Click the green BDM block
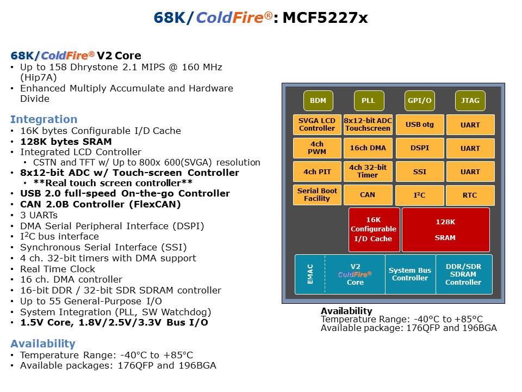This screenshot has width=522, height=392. (x=318, y=101)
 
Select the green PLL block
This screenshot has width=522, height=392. (x=368, y=101)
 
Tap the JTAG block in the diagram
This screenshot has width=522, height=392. (x=470, y=101)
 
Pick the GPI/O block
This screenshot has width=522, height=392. (x=419, y=101)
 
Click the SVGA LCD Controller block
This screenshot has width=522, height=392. (x=317, y=125)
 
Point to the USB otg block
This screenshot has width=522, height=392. (x=419, y=125)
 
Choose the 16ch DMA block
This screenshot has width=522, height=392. (x=368, y=148)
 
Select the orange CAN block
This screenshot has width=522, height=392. (x=368, y=194)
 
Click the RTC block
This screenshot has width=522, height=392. (x=470, y=195)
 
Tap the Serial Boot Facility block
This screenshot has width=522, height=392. (x=317, y=195)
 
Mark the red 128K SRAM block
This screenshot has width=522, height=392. (x=445, y=230)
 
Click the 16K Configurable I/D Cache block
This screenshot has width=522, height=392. (x=374, y=230)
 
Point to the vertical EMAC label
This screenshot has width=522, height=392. (x=310, y=274)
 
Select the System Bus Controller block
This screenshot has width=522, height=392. (x=409, y=274)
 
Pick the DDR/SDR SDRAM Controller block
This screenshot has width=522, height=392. (x=463, y=274)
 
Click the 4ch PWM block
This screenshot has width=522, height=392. (x=317, y=148)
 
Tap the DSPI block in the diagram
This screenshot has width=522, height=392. (x=419, y=148)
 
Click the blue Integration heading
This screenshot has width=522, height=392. (x=44, y=119)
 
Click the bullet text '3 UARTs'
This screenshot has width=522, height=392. (x=40, y=215)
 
